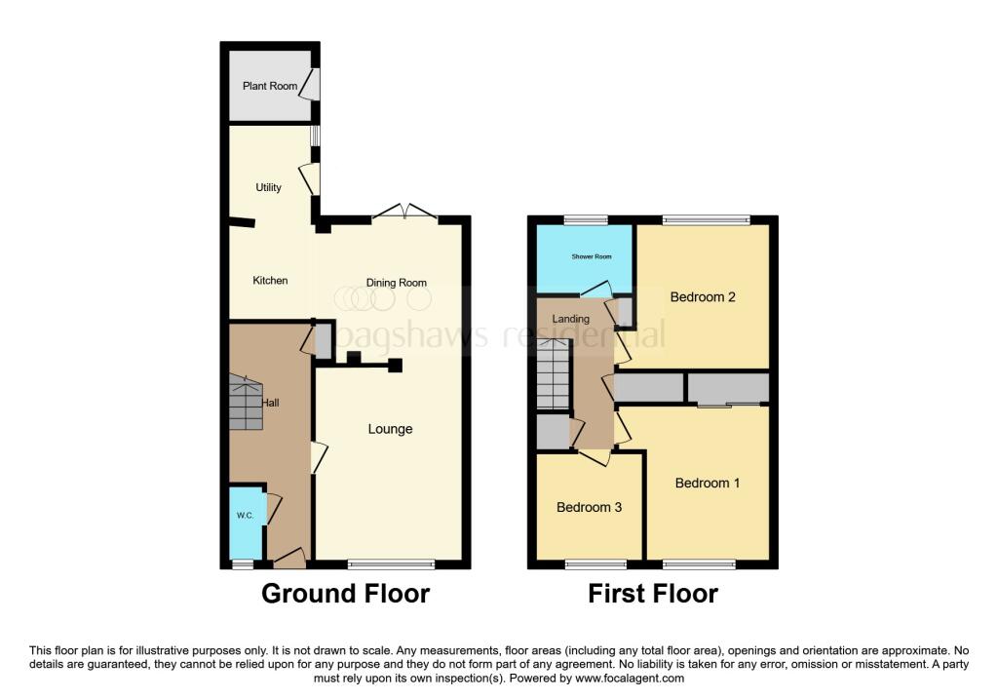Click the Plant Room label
270,86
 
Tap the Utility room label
268,187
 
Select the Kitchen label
270,281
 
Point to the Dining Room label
397,283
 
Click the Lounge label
390,429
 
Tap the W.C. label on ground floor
243,516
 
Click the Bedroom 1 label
708,483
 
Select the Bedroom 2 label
703,296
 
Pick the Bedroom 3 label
589,507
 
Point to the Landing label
570,319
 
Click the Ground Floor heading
345,593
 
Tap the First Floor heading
653,593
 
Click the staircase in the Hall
246,402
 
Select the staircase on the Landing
553,375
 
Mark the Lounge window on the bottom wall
391,563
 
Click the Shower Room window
586,219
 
